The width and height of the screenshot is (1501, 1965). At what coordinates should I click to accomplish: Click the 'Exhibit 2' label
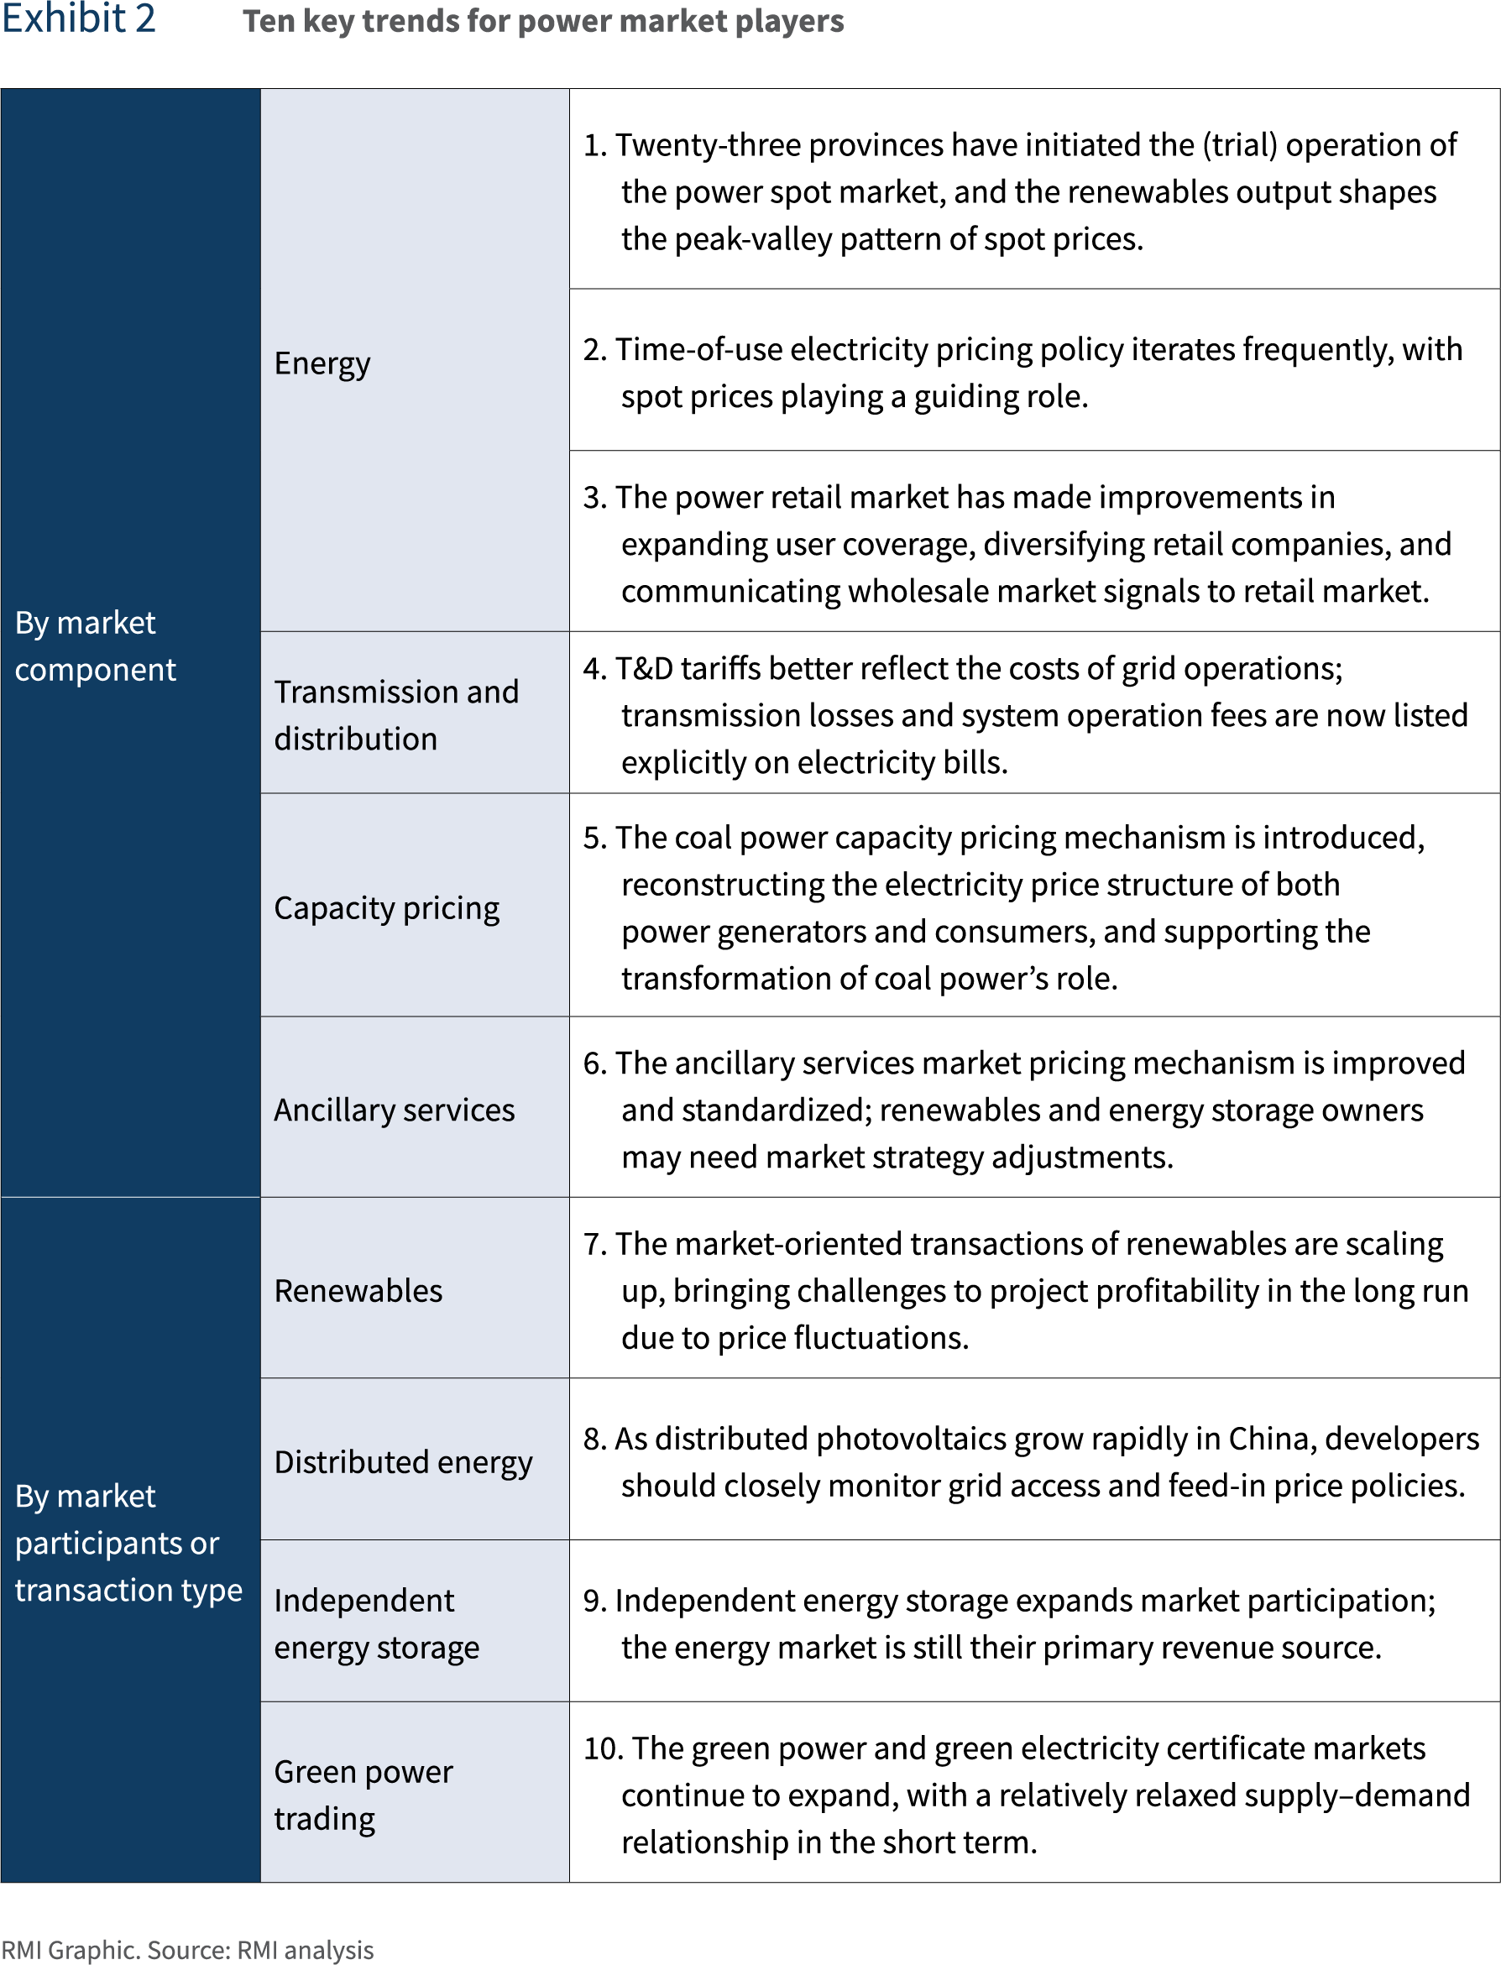(x=79, y=19)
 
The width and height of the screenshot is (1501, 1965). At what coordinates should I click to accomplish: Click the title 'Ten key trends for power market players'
(x=542, y=22)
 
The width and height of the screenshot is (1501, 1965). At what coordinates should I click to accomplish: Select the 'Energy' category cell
(x=322, y=363)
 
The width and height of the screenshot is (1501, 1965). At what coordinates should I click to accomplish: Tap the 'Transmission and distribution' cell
(x=395, y=714)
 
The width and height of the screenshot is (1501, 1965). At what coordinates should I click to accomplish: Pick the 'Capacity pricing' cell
(x=386, y=907)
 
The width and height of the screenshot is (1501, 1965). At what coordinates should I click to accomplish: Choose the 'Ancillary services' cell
(x=394, y=1110)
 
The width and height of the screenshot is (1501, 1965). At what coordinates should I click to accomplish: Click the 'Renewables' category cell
(x=358, y=1291)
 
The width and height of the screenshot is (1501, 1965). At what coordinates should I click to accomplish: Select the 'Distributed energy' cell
(x=403, y=1462)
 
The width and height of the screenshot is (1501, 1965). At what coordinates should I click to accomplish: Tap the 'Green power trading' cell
(x=363, y=1795)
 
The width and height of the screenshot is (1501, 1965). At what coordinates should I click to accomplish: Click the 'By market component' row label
(x=95, y=645)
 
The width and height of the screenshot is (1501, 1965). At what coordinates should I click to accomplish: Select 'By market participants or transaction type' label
(x=128, y=1543)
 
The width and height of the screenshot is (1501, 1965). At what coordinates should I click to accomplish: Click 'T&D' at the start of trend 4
(x=643, y=668)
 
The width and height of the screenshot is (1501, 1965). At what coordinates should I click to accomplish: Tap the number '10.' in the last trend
(x=603, y=1748)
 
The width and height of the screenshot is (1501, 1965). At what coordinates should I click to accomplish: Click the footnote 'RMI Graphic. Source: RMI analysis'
(x=186, y=1950)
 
